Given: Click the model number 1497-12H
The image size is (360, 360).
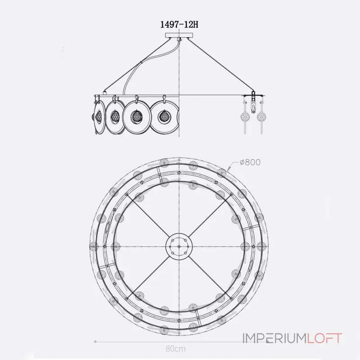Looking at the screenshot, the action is pyautogui.click(x=179, y=24).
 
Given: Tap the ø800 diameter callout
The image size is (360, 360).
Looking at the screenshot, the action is pyautogui.click(x=250, y=162).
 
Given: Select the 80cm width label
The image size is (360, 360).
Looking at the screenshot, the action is pyautogui.click(x=175, y=349).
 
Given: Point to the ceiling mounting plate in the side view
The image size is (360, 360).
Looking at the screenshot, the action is pyautogui.click(x=179, y=35).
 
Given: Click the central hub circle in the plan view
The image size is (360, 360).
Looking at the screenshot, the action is pyautogui.click(x=179, y=246).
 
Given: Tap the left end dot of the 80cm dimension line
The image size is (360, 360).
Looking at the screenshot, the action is pyautogui.click(x=95, y=342).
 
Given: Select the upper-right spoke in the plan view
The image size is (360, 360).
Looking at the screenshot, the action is pyautogui.click(x=210, y=216).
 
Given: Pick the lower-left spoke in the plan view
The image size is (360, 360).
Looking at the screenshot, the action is pyautogui.click(x=148, y=277).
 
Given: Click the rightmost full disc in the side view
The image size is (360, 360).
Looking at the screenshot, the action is pyautogui.click(x=164, y=117).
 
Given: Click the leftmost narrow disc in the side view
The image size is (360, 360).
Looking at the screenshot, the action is pyautogui.click(x=99, y=117).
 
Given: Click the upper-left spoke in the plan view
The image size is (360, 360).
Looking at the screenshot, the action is pyautogui.click(x=148, y=216).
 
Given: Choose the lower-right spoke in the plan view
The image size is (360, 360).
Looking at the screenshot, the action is pyautogui.click(x=210, y=277).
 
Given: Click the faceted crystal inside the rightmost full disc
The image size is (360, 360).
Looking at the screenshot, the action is pyautogui.click(x=164, y=117).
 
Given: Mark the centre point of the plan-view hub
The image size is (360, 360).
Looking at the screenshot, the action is pyautogui.click(x=179, y=246).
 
